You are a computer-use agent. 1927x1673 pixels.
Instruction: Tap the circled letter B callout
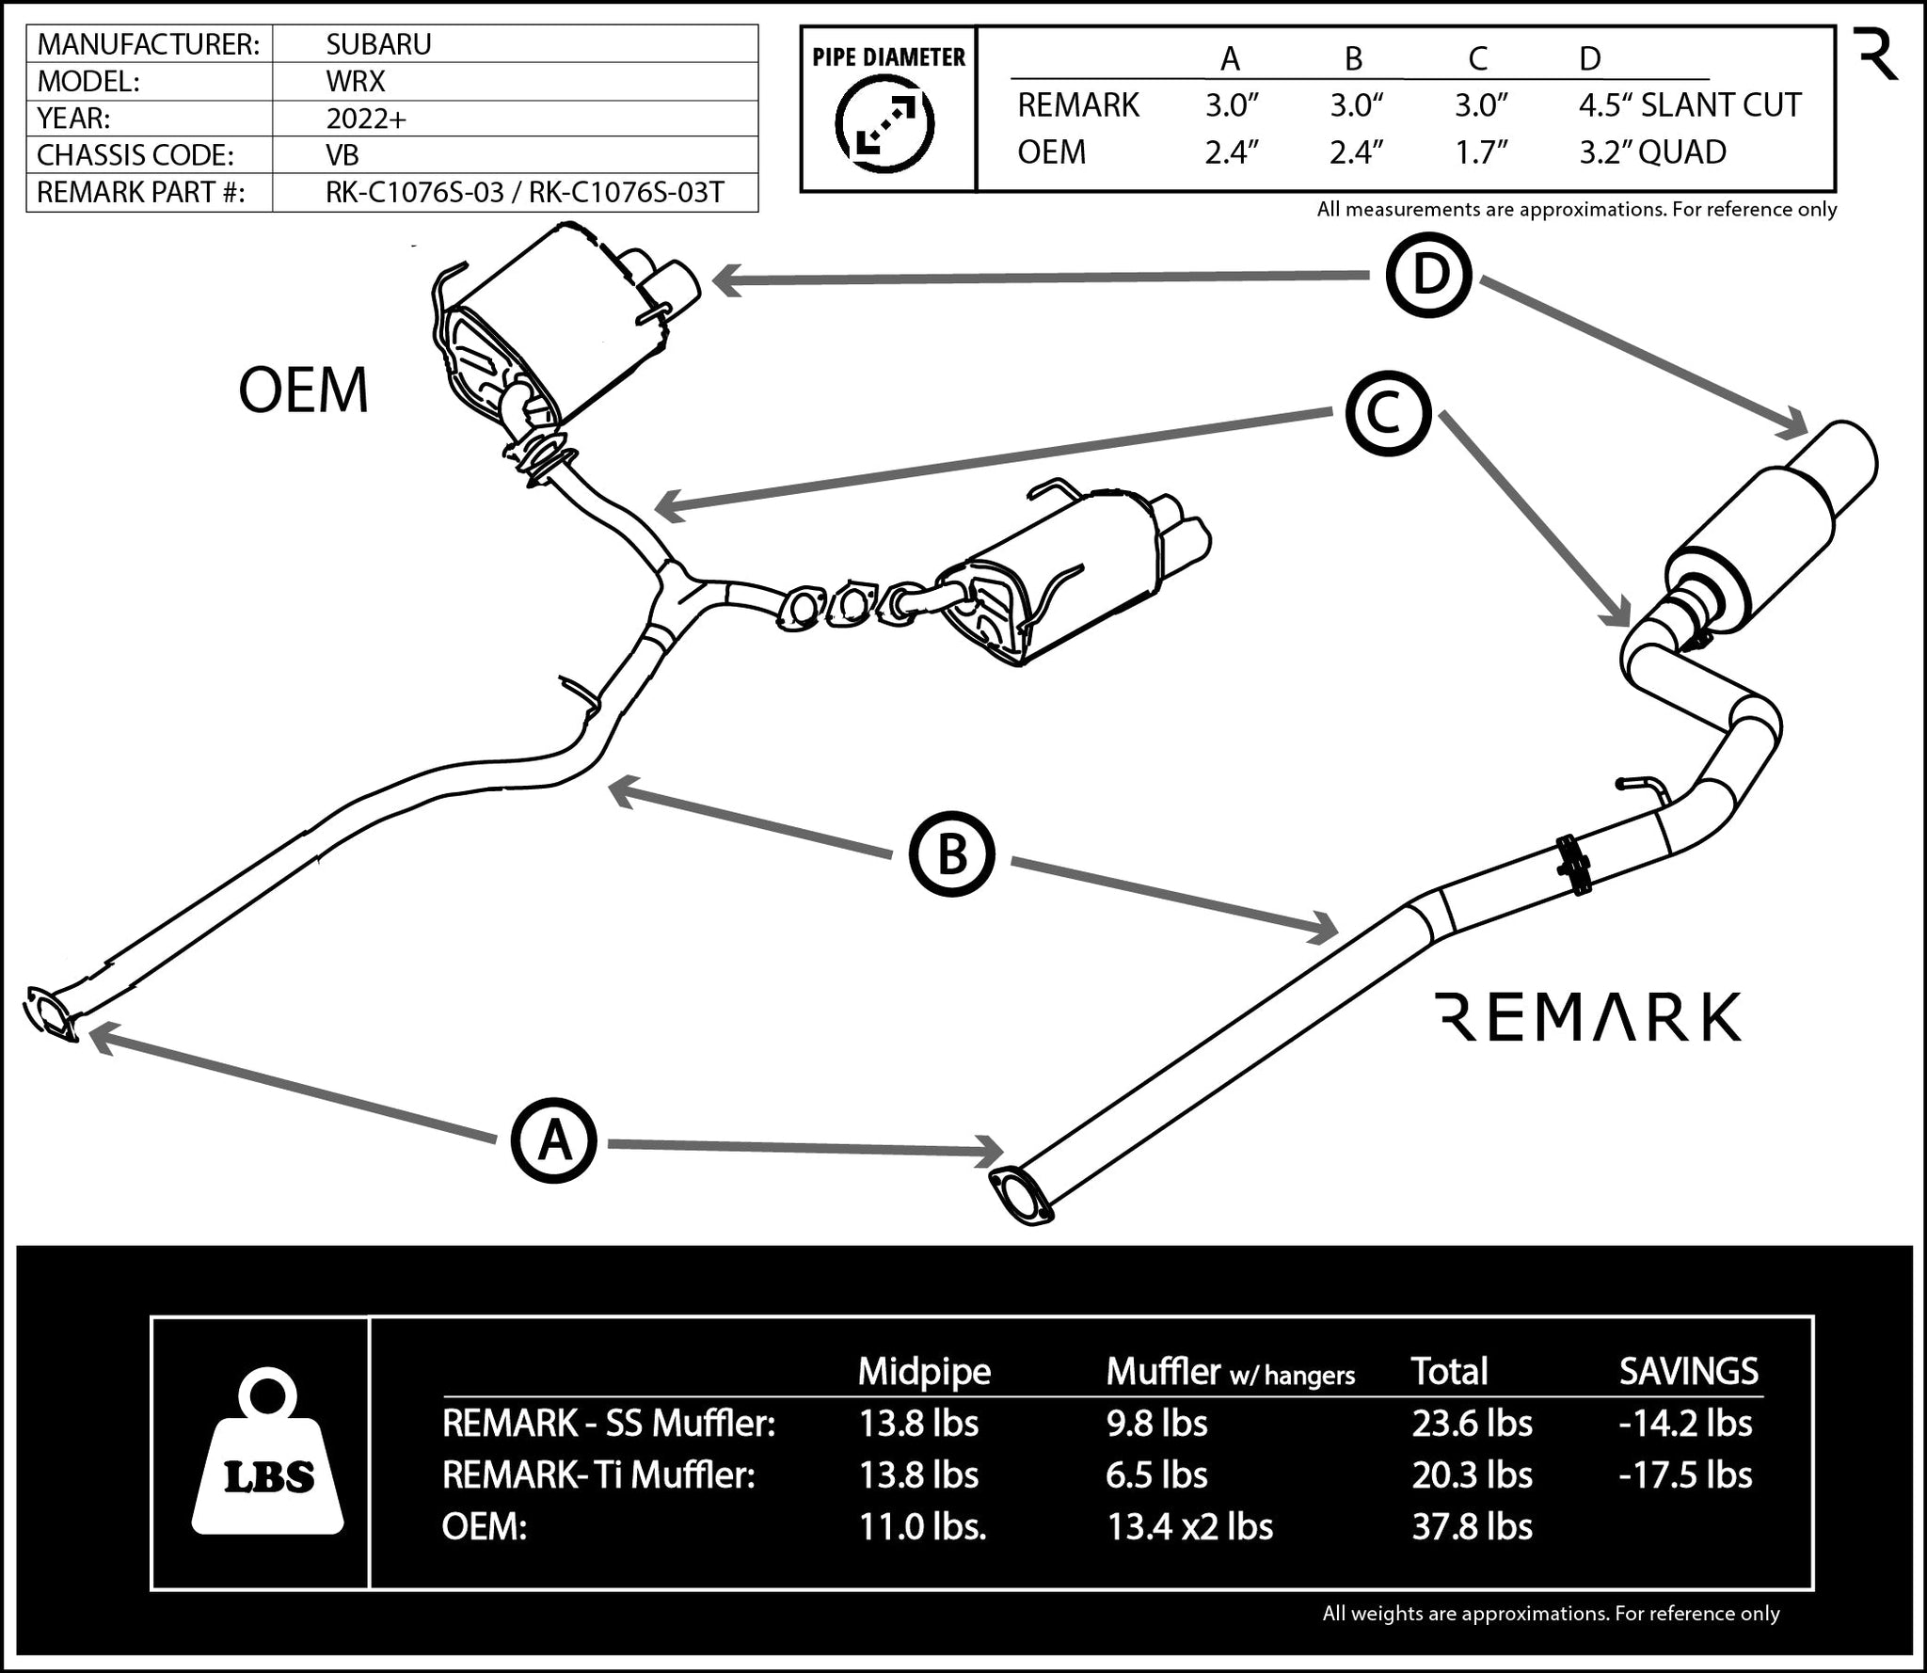pyautogui.click(x=951, y=855)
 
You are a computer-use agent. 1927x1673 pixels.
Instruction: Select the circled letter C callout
pyautogui.click(x=1388, y=415)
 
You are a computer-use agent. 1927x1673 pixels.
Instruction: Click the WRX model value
pyautogui.click(x=355, y=81)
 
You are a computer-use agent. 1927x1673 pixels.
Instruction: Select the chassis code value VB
pyautogui.click(x=342, y=154)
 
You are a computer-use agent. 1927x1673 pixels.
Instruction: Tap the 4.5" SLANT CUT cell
pyautogui.click(x=1689, y=105)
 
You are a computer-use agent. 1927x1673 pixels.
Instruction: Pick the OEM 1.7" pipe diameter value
pyautogui.click(x=1481, y=152)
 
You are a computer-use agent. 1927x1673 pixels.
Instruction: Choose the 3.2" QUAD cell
pyautogui.click(x=1652, y=152)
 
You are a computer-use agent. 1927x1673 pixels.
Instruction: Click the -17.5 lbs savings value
pyautogui.click(x=1685, y=1474)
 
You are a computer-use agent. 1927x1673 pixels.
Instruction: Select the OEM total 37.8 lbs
pyautogui.click(x=1472, y=1526)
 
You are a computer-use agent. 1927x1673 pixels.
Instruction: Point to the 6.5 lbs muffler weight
pyautogui.click(x=1156, y=1474)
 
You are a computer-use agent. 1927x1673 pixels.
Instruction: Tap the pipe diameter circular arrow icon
pyautogui.click(x=885, y=123)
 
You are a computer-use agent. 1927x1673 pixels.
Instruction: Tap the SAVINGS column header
pyautogui.click(x=1688, y=1371)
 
